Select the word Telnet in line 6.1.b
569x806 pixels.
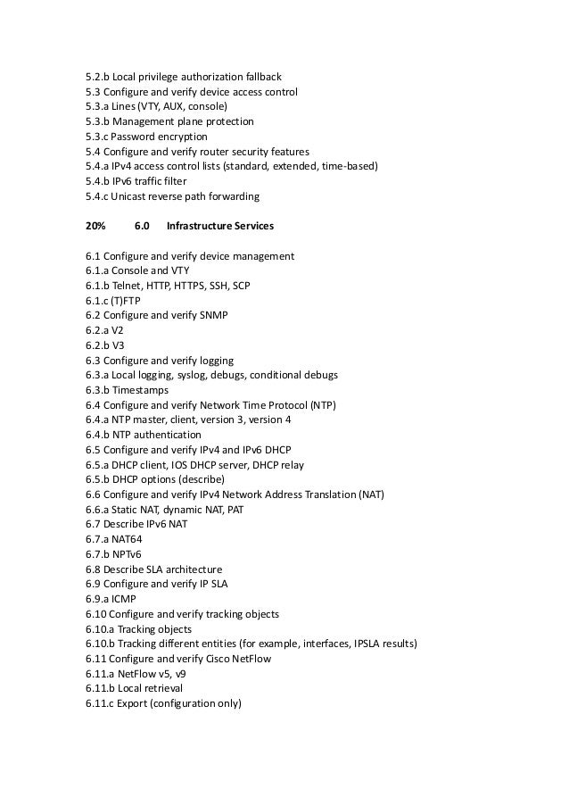134,286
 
